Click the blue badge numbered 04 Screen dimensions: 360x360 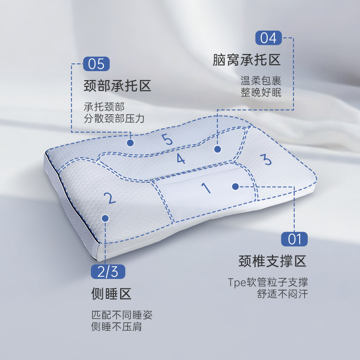coord(269,38)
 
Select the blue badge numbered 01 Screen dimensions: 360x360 coord(294,238)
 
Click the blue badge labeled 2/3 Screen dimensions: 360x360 coord(108,272)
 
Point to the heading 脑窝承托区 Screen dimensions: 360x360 coord(247,60)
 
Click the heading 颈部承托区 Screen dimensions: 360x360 coord(117,86)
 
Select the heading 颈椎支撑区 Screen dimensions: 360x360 coord(272,261)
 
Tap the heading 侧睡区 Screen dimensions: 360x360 coord(111,294)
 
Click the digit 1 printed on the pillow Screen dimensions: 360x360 coord(207,187)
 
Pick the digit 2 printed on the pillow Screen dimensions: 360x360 coord(109,198)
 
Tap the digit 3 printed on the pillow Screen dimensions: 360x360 coord(265,159)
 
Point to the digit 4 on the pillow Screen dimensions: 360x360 coord(180,158)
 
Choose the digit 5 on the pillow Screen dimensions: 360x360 coord(167,139)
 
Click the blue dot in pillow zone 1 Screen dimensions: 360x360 coord(235,186)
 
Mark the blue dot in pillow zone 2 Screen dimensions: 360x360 coord(105,218)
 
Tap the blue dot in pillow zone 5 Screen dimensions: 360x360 coord(130,143)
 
